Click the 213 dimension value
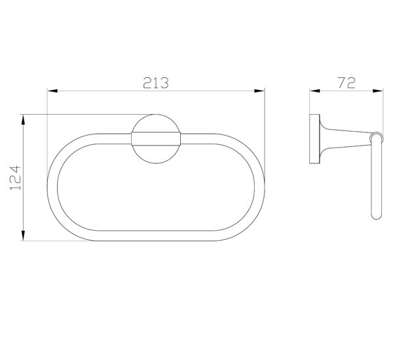coord(156,83)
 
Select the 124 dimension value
coord(16,177)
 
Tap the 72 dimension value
coord(346,83)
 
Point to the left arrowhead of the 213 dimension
coord(52,90)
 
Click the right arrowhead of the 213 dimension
coord(259,90)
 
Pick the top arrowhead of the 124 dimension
coord(23,119)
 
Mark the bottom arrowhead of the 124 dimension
coord(23,235)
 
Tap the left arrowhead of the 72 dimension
coord(315,90)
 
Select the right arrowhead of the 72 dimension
coord(378,90)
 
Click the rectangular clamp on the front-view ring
coord(156,139)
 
